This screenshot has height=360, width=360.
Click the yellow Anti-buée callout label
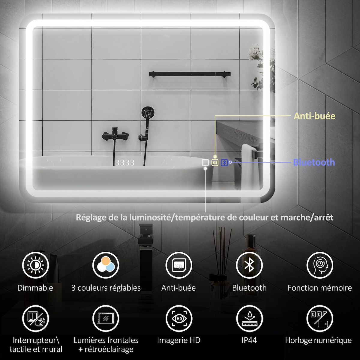pos(314,116)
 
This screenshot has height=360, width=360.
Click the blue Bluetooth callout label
pos(314,162)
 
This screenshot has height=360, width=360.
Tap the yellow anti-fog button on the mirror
pos(215,163)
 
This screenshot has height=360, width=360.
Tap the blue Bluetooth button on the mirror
pos(224,163)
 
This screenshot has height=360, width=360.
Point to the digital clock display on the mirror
pos(124,163)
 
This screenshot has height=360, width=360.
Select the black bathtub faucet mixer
pos(115,133)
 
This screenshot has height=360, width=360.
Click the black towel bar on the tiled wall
pos(190,74)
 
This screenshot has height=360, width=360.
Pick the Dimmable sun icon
pos(35,265)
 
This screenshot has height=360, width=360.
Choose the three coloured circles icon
pos(106,265)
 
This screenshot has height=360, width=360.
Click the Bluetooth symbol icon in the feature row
pos(249,265)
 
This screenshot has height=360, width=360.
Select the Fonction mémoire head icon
pos(320,265)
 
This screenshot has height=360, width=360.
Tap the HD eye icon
pos(179,318)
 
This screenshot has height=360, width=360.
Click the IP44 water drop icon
pos(249,318)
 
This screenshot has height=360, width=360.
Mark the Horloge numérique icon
pos(320,318)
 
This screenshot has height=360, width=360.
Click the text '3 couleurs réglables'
pos(106,288)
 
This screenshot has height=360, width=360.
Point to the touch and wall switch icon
pos(35,318)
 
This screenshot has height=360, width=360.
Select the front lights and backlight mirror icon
pos(106,318)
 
